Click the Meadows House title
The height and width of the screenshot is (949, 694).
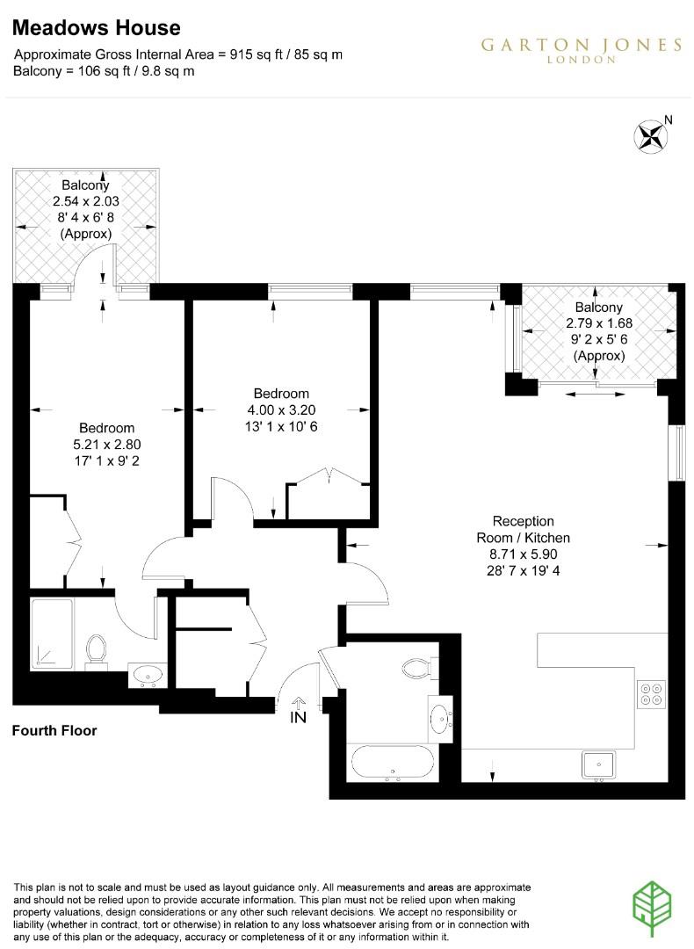pos(97,29)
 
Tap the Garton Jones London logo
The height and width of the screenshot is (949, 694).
pos(581,50)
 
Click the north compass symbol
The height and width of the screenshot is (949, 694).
pos(651,135)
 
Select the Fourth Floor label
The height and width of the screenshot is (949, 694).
pos(54,731)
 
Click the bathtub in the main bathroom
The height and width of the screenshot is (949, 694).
pos(392,763)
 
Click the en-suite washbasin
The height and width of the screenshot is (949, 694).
pos(146,675)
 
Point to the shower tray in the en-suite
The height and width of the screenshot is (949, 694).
pos(51,633)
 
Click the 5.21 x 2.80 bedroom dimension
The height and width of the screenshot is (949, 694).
pos(108,444)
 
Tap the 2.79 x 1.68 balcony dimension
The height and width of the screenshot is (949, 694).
pos(598,323)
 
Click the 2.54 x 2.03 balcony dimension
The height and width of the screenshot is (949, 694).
pos(85,202)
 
